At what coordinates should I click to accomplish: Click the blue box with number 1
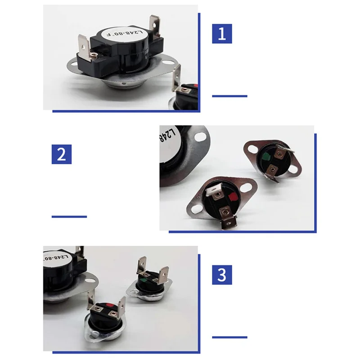click(x=222, y=34)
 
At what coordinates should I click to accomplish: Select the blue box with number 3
click(x=222, y=274)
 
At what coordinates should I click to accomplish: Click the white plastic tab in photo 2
click(x=211, y=191)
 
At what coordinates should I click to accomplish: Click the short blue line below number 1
click(x=229, y=96)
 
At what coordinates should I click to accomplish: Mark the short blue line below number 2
click(x=69, y=216)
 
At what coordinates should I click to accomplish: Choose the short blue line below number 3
click(x=229, y=337)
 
